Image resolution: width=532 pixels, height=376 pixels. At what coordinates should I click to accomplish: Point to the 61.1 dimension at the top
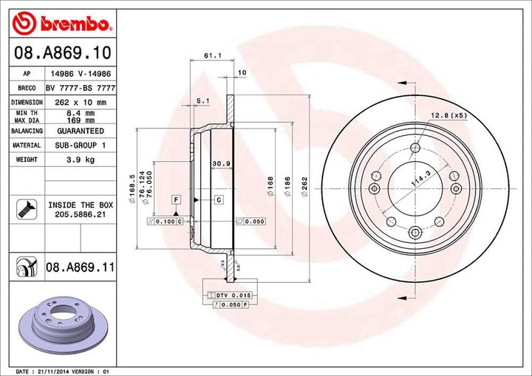pos(211,55)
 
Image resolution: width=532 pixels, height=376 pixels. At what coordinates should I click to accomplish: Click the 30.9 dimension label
pos(219,163)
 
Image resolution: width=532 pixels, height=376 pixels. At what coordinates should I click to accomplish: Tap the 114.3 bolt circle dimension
pos(420,177)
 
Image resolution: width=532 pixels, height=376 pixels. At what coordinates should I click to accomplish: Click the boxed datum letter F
pos(177,199)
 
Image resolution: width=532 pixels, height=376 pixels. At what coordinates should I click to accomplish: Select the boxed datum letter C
pos(219,199)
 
